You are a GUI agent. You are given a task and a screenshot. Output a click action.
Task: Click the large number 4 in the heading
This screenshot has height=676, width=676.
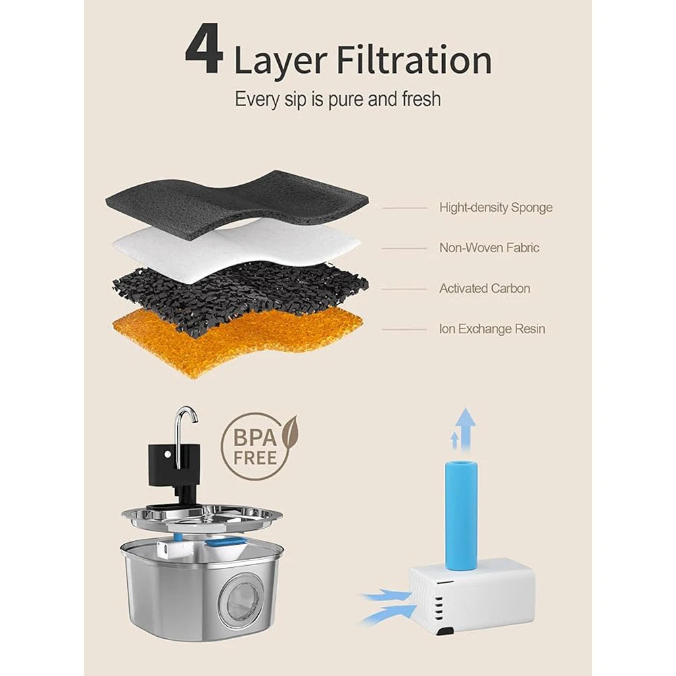(x=204, y=49)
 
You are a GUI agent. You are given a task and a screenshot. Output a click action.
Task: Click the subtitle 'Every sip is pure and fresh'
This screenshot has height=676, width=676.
(x=337, y=99)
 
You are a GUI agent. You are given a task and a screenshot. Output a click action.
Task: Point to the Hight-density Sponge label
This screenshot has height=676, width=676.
(x=496, y=208)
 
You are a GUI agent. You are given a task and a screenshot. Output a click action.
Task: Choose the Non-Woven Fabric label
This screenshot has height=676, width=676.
(x=489, y=248)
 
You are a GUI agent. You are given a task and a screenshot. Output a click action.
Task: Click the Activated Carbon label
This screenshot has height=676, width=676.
(x=485, y=289)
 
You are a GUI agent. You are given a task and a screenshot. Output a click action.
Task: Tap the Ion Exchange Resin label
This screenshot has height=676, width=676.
(x=492, y=329)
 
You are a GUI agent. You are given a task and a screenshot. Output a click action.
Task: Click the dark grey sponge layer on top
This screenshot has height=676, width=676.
(x=237, y=203)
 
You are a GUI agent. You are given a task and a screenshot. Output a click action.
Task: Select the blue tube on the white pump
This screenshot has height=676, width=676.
(x=461, y=514)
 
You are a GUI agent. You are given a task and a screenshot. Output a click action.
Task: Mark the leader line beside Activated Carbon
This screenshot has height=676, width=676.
(x=404, y=289)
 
